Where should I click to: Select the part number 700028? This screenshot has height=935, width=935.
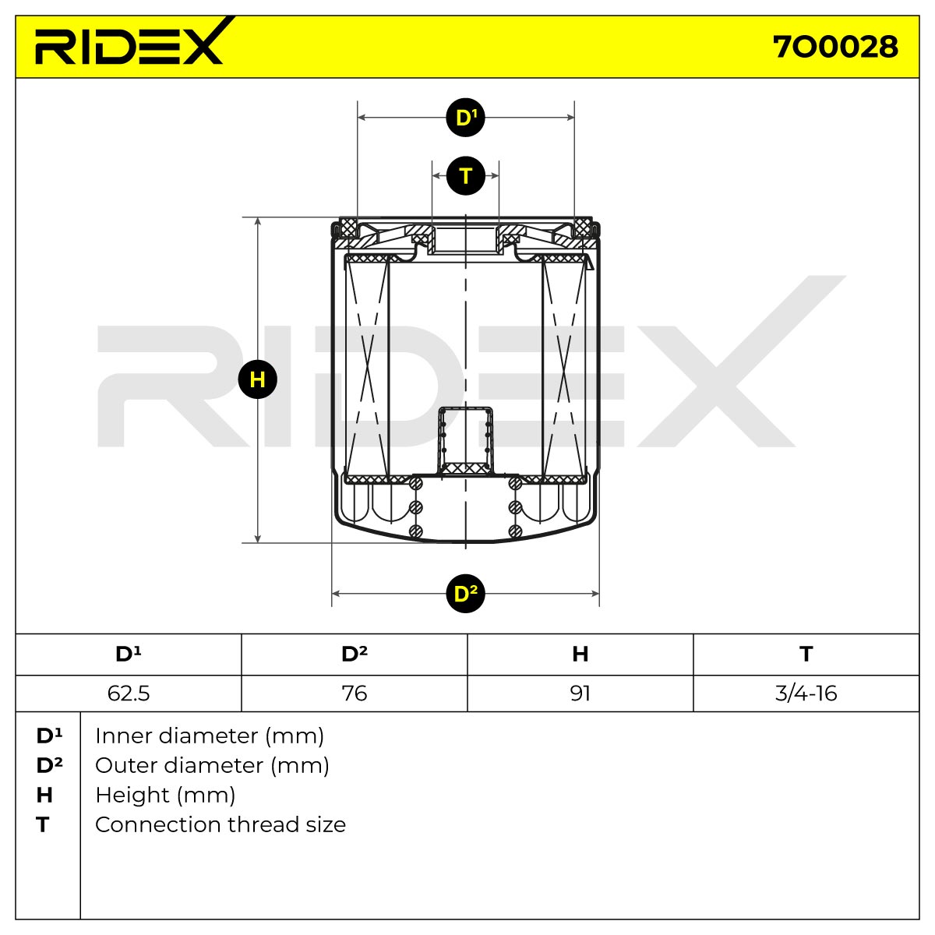pyautogui.click(x=835, y=47)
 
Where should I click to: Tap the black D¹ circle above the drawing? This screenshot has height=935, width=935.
pyautogui.click(x=465, y=118)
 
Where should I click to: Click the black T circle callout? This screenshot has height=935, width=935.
pyautogui.click(x=465, y=175)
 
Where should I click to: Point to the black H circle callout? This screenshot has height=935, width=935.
pyautogui.click(x=258, y=379)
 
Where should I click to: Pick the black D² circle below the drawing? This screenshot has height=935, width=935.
pyautogui.click(x=465, y=594)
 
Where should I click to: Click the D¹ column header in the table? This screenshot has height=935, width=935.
pyautogui.click(x=128, y=654)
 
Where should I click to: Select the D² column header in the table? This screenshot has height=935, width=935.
pyautogui.click(x=355, y=654)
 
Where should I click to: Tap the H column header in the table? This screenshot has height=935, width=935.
pyautogui.click(x=580, y=654)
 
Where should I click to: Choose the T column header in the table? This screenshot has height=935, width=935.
pyautogui.click(x=806, y=654)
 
